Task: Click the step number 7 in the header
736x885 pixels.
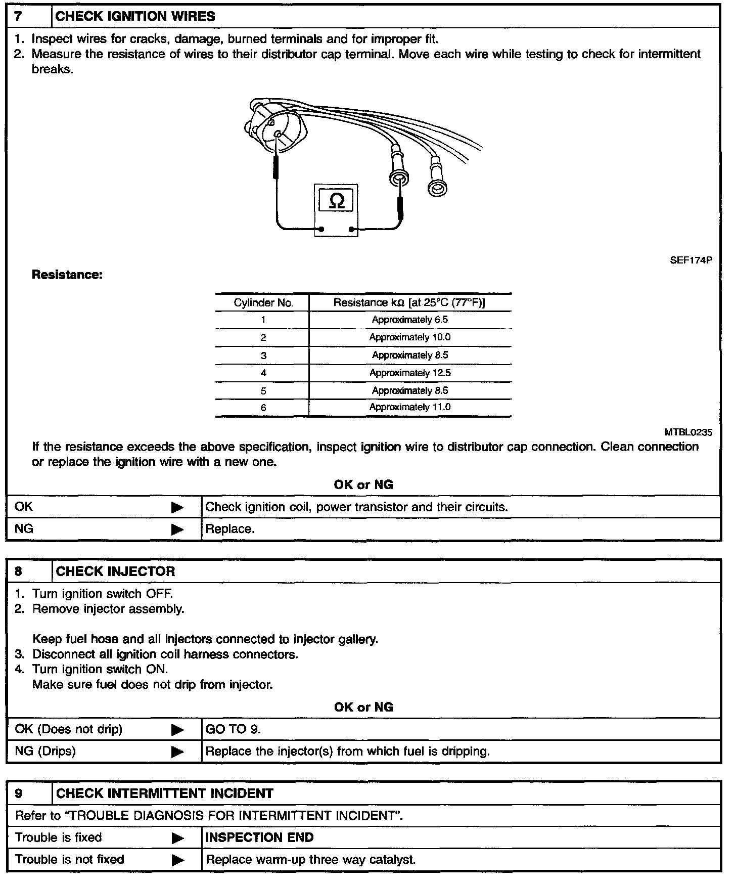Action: (18, 16)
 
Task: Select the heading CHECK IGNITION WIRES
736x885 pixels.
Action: (135, 16)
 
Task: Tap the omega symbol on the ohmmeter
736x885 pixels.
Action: (337, 201)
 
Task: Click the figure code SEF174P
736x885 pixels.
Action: (691, 260)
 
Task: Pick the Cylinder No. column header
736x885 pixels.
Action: (263, 303)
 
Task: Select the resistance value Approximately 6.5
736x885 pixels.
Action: (409, 320)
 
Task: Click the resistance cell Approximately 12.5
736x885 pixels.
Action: (409, 373)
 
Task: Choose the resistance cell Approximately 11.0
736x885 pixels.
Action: (409, 407)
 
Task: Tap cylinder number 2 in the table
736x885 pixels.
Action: (263, 338)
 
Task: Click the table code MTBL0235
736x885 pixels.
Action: (688, 432)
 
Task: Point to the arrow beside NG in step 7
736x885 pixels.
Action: (177, 529)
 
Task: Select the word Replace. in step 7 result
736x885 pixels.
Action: (230, 529)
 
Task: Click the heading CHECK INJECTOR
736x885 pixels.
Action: (115, 571)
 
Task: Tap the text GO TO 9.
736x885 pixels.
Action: (233, 729)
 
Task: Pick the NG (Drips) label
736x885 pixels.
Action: (45, 751)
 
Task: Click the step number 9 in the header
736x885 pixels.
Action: (19, 793)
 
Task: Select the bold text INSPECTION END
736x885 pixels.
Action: (259, 837)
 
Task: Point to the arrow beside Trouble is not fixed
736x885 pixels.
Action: (177, 860)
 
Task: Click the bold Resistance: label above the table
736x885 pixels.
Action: (67, 275)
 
